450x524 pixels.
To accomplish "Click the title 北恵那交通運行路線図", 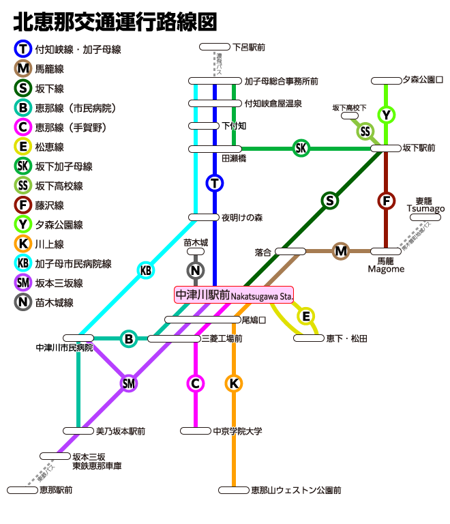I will point(115,22).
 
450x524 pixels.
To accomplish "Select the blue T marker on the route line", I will point(215,183).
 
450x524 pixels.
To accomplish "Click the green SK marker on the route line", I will point(301,148).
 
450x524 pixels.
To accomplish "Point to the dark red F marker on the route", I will point(387,201).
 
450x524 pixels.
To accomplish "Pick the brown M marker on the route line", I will point(341,252).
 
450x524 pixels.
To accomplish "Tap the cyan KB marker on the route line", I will point(146,270).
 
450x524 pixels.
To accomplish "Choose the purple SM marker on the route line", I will point(129,383).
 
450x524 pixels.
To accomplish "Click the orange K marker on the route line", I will point(234,383).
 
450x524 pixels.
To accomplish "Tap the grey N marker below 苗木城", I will point(196,270).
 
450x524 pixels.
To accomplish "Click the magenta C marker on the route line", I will point(196,383).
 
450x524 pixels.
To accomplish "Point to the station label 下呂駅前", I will point(249,47).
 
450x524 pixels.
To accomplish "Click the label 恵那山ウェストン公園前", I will point(296,490).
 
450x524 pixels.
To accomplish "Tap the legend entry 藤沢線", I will point(50,205).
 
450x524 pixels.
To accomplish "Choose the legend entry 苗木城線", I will point(55,302).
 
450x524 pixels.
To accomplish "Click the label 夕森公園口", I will point(423,80).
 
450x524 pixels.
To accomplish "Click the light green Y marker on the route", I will point(387,115).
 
